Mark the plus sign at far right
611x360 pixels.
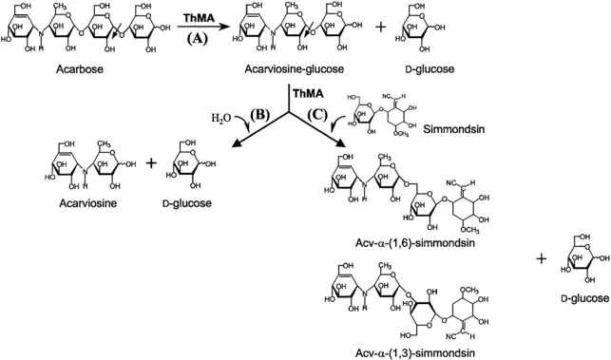tap(542, 258)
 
